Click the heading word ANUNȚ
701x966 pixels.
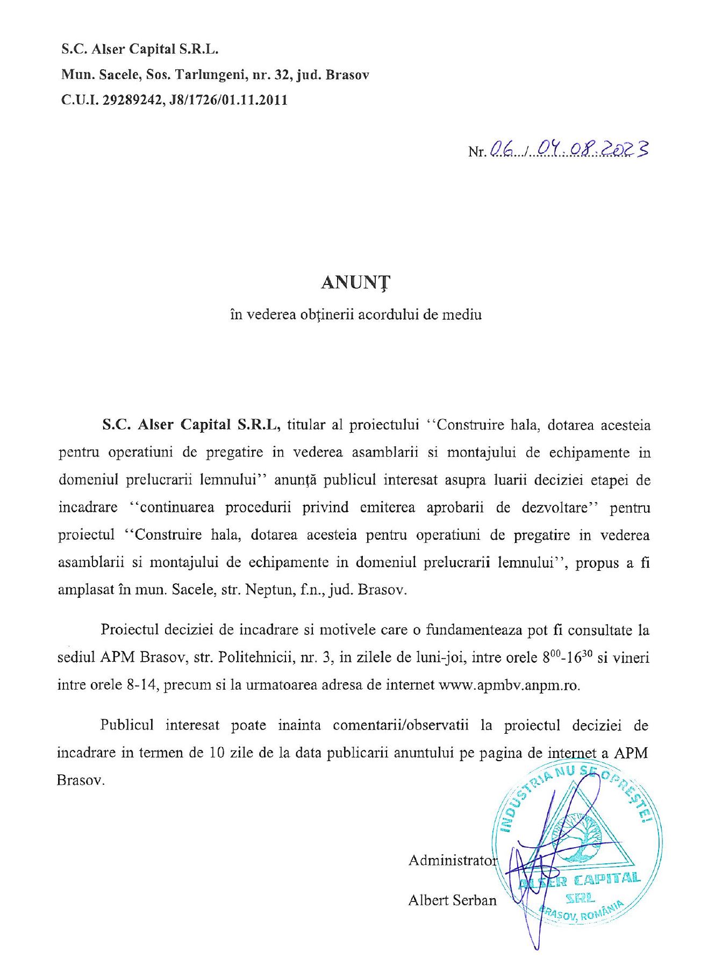coord(355,283)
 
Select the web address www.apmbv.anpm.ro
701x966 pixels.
coord(509,685)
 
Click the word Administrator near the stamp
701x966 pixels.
coord(453,861)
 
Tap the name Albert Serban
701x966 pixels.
coord(453,900)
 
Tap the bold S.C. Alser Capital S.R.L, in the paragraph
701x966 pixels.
coord(191,425)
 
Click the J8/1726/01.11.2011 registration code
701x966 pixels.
coord(228,101)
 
